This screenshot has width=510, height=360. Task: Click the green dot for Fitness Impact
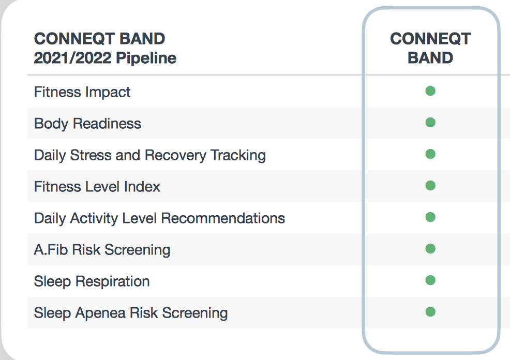click(430, 91)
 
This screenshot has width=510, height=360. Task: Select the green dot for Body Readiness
click(430, 123)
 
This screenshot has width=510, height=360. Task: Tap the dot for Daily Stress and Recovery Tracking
click(430, 154)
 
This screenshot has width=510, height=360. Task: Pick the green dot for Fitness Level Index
click(430, 186)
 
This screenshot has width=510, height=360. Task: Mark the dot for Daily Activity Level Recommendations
click(430, 217)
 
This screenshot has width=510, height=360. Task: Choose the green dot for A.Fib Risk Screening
click(430, 249)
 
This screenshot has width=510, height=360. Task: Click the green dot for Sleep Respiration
click(430, 280)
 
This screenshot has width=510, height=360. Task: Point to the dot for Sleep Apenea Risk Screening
click(430, 312)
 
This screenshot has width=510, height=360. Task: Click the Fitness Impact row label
click(82, 92)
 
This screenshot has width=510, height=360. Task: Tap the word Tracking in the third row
click(238, 156)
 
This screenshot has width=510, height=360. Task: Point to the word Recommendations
click(223, 218)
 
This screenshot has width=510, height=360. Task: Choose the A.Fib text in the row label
click(51, 250)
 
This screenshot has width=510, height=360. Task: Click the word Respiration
click(113, 281)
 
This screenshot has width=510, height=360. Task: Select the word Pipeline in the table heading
click(146, 58)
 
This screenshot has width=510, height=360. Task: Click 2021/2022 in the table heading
click(73, 58)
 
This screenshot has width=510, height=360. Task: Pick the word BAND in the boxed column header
click(430, 58)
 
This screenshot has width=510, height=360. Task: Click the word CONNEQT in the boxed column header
click(430, 39)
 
